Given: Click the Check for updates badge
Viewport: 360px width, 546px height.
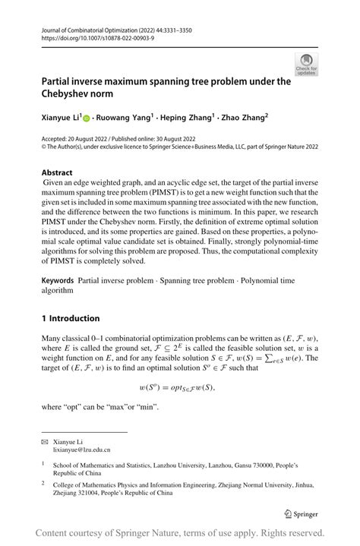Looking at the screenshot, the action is (306, 64).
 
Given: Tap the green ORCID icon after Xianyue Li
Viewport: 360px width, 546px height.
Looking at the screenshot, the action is (87, 118).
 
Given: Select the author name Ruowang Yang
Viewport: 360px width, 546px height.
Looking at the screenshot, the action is (125, 118).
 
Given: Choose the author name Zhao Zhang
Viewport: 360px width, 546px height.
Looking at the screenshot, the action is (245, 118).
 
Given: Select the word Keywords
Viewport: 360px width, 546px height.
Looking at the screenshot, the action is (61, 281).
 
